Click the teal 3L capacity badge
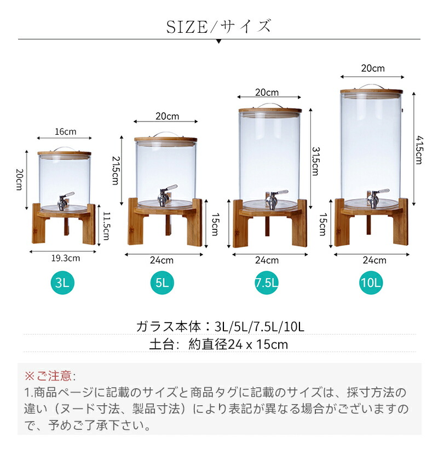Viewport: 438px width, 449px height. pyautogui.click(x=62, y=283)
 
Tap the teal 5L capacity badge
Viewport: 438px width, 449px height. pyautogui.click(x=162, y=283)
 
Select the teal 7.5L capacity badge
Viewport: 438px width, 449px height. pyautogui.click(x=267, y=283)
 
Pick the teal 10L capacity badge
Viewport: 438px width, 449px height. pyautogui.click(x=371, y=283)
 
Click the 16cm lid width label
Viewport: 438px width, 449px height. pyautogui.click(x=66, y=132)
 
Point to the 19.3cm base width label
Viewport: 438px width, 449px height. pyautogui.click(x=66, y=258)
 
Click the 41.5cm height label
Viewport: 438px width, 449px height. pyautogui.click(x=419, y=150)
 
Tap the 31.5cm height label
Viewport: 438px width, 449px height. pyautogui.click(x=315, y=161)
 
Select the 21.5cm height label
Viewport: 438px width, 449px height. pyautogui.click(x=116, y=170)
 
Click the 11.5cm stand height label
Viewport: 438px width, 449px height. pyautogui.click(x=106, y=226)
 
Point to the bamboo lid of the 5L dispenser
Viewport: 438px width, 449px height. pyautogui.click(x=166, y=140)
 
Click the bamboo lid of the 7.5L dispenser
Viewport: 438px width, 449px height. pyautogui.click(x=270, y=111)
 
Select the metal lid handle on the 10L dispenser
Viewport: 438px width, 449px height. pyautogui.click(x=371, y=87)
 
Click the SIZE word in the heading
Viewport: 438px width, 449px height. pyautogui.click(x=187, y=27)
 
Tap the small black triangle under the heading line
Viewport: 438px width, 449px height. pyautogui.click(x=218, y=42)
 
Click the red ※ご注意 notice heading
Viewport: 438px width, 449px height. pyautogui.click(x=50, y=376)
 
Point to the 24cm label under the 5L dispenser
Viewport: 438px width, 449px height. pyautogui.click(x=162, y=260)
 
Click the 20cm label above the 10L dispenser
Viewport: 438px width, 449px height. pyautogui.click(x=373, y=68)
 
